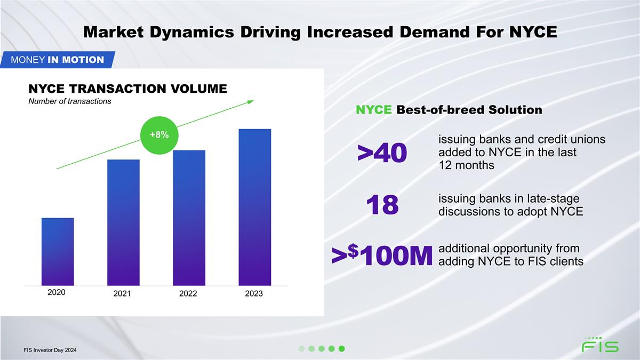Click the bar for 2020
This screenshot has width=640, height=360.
coord(58,251)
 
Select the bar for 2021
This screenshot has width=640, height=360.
coord(123,222)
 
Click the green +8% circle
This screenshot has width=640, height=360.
coord(159,135)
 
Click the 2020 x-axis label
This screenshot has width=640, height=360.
coord(56,292)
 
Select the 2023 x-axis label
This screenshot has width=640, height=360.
coord(254,294)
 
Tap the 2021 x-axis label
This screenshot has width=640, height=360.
coord(122,294)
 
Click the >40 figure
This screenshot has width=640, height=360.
coord(382,153)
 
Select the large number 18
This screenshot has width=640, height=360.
coord(382,205)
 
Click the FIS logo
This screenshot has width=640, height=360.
coord(600,346)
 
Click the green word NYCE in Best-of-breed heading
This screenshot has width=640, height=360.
coord(374,110)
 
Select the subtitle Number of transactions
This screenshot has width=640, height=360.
coord(69,102)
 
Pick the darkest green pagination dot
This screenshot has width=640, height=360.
coord(342,349)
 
